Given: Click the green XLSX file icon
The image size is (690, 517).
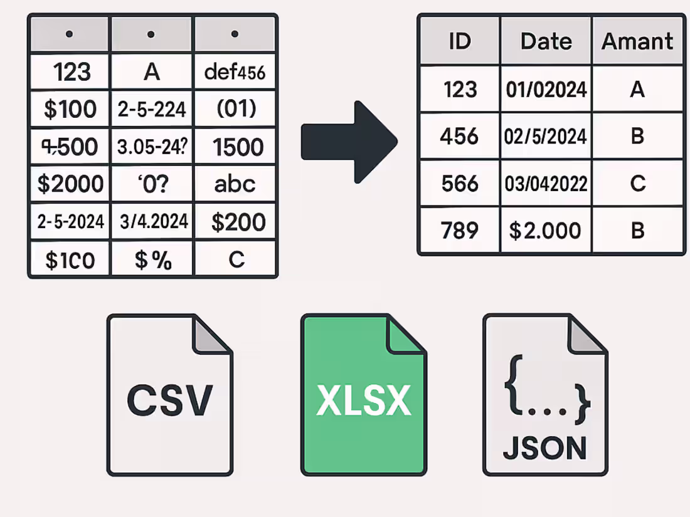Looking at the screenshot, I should tap(364, 395).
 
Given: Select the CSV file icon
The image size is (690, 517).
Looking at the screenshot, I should tap(169, 395).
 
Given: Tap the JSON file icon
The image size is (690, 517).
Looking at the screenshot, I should tap(544, 395).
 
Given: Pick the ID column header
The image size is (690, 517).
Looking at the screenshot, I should tap(460, 41).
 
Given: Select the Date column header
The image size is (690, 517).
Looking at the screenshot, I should tap(546, 41).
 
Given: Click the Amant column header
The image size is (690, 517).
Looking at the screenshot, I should tap(637, 41).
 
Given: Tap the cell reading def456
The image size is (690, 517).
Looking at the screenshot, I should tap(235, 72).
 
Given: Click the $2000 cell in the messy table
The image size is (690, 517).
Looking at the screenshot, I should tap(70, 184).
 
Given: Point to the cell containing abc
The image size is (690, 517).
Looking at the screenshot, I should tap(235, 184).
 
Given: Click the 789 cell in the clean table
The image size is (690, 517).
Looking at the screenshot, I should tap(460, 231).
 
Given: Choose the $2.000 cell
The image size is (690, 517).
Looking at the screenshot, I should tap(546, 231).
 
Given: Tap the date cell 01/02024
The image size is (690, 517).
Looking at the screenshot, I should tap(546, 89).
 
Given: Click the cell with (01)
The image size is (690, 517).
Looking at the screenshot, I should tap(235, 109).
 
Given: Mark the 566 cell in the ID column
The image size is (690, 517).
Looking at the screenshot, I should tap(460, 184).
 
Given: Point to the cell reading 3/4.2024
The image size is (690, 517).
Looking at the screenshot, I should tap(152, 221).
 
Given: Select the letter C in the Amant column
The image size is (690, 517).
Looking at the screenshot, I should tap(637, 184).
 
